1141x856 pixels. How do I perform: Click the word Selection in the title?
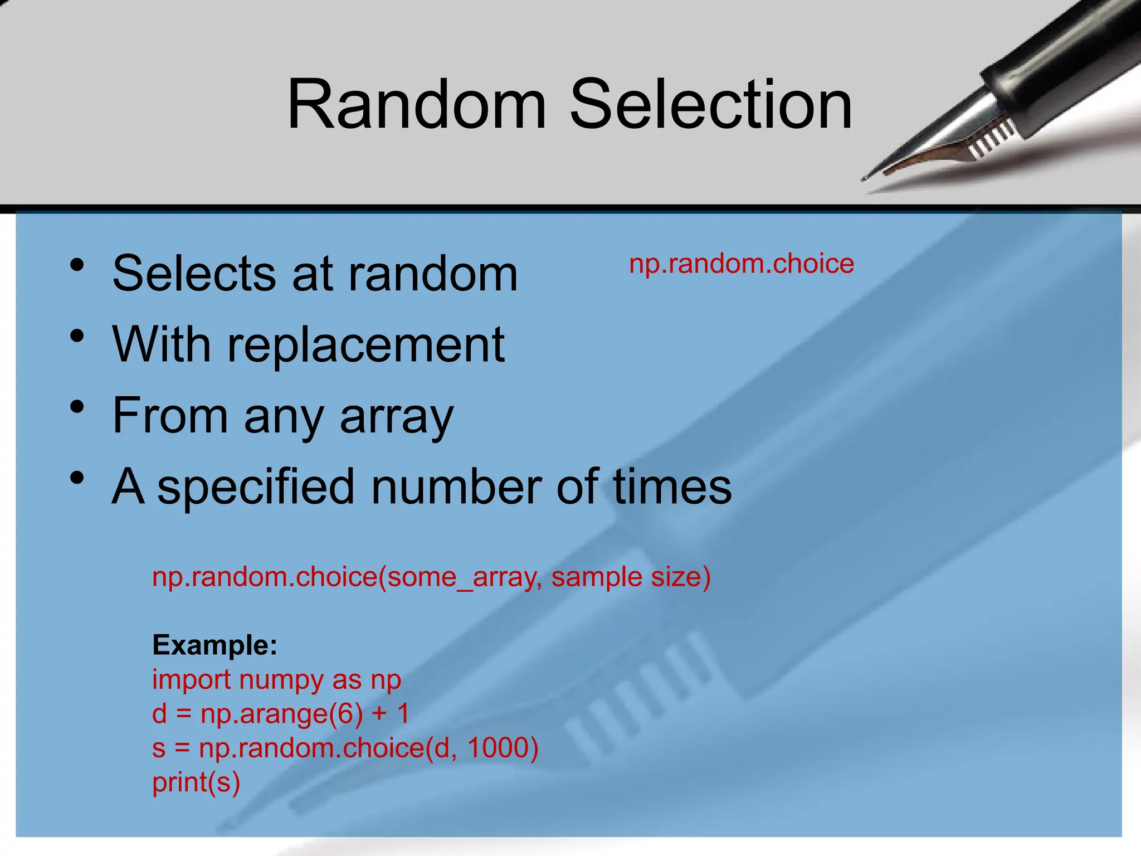point(711,105)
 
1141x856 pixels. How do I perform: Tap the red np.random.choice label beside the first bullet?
point(742,264)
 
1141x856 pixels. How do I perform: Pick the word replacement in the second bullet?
point(366,346)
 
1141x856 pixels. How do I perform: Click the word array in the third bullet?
point(397,416)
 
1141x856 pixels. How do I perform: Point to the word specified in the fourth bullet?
point(256,487)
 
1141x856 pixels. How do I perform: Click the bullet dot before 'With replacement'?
point(77,336)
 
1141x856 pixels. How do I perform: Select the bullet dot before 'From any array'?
point(77,407)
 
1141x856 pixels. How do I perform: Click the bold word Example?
point(214,645)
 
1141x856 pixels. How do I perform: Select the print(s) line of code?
point(196,782)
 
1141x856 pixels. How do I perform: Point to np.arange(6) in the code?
point(281,714)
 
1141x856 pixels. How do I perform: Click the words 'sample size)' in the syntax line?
point(631,577)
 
